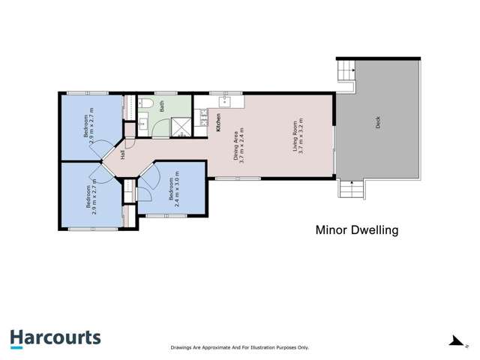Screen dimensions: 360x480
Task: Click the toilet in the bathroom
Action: coord(148,103)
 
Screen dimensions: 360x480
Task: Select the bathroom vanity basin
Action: coord(142,125)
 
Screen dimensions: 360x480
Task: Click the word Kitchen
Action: coord(218,122)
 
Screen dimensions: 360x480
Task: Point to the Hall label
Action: coord(122,155)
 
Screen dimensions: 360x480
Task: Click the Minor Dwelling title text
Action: coord(355,230)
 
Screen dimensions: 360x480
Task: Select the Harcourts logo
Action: coord(55,338)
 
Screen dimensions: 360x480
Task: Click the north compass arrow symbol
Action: coord(454,341)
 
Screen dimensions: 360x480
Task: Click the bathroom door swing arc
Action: coord(160,130)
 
